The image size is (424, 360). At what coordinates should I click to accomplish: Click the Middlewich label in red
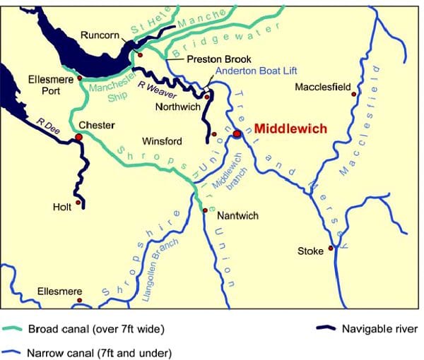[290, 129]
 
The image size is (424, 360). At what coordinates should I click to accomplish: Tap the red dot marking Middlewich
[237, 133]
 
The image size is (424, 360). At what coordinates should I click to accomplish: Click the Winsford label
[162, 141]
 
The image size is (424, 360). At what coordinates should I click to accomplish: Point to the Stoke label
[310, 251]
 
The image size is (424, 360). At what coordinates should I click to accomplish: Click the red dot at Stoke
[330, 248]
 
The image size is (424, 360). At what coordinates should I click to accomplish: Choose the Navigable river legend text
[379, 329]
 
